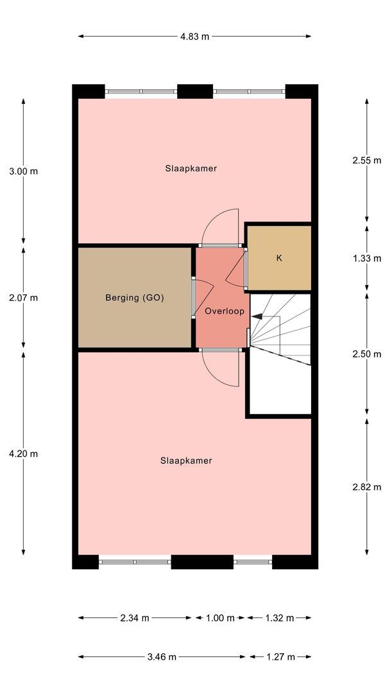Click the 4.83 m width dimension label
click(x=194, y=37)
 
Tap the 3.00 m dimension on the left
click(x=23, y=171)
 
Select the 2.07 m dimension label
click(x=23, y=298)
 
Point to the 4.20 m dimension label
click(x=23, y=454)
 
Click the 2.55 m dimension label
click(x=367, y=160)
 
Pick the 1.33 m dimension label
click(x=367, y=259)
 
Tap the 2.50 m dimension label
click(x=367, y=354)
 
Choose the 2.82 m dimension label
click(x=367, y=487)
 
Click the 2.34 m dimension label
click(x=135, y=618)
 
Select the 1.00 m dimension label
click(x=220, y=618)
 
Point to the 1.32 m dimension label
click(x=279, y=618)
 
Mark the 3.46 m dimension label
click(x=162, y=657)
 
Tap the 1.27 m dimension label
click(x=280, y=657)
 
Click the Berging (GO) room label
click(x=135, y=298)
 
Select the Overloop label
click(x=225, y=311)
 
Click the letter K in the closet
click(x=279, y=258)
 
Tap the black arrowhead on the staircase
click(x=257, y=316)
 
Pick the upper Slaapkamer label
click(x=191, y=168)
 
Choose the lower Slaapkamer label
click(x=187, y=461)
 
